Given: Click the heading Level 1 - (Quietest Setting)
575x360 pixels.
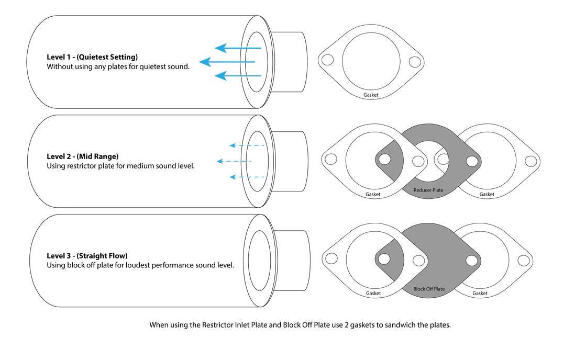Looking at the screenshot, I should point(92,57).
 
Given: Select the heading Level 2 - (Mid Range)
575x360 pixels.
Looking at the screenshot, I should point(82,156).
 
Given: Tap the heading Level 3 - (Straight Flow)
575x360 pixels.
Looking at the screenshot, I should point(87,256).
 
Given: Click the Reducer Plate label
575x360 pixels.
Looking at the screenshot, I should point(428,190).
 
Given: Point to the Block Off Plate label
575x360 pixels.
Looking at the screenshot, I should point(428,289).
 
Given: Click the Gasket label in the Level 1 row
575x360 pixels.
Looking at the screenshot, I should point(371,95).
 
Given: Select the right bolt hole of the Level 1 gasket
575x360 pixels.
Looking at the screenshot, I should point(414,62).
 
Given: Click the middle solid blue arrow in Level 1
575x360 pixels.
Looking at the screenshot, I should point(227,62).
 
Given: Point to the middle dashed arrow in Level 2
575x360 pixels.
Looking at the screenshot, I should point(234,161).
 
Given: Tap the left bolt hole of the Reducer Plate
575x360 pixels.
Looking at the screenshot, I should point(385,159).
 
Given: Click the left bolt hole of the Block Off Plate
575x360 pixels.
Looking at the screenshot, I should point(385,258).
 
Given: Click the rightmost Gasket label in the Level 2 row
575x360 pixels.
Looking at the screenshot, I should point(486,194).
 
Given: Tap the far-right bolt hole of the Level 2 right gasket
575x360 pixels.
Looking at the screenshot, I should point(530,160).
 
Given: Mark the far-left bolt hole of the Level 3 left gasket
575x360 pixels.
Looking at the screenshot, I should point(331,258).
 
